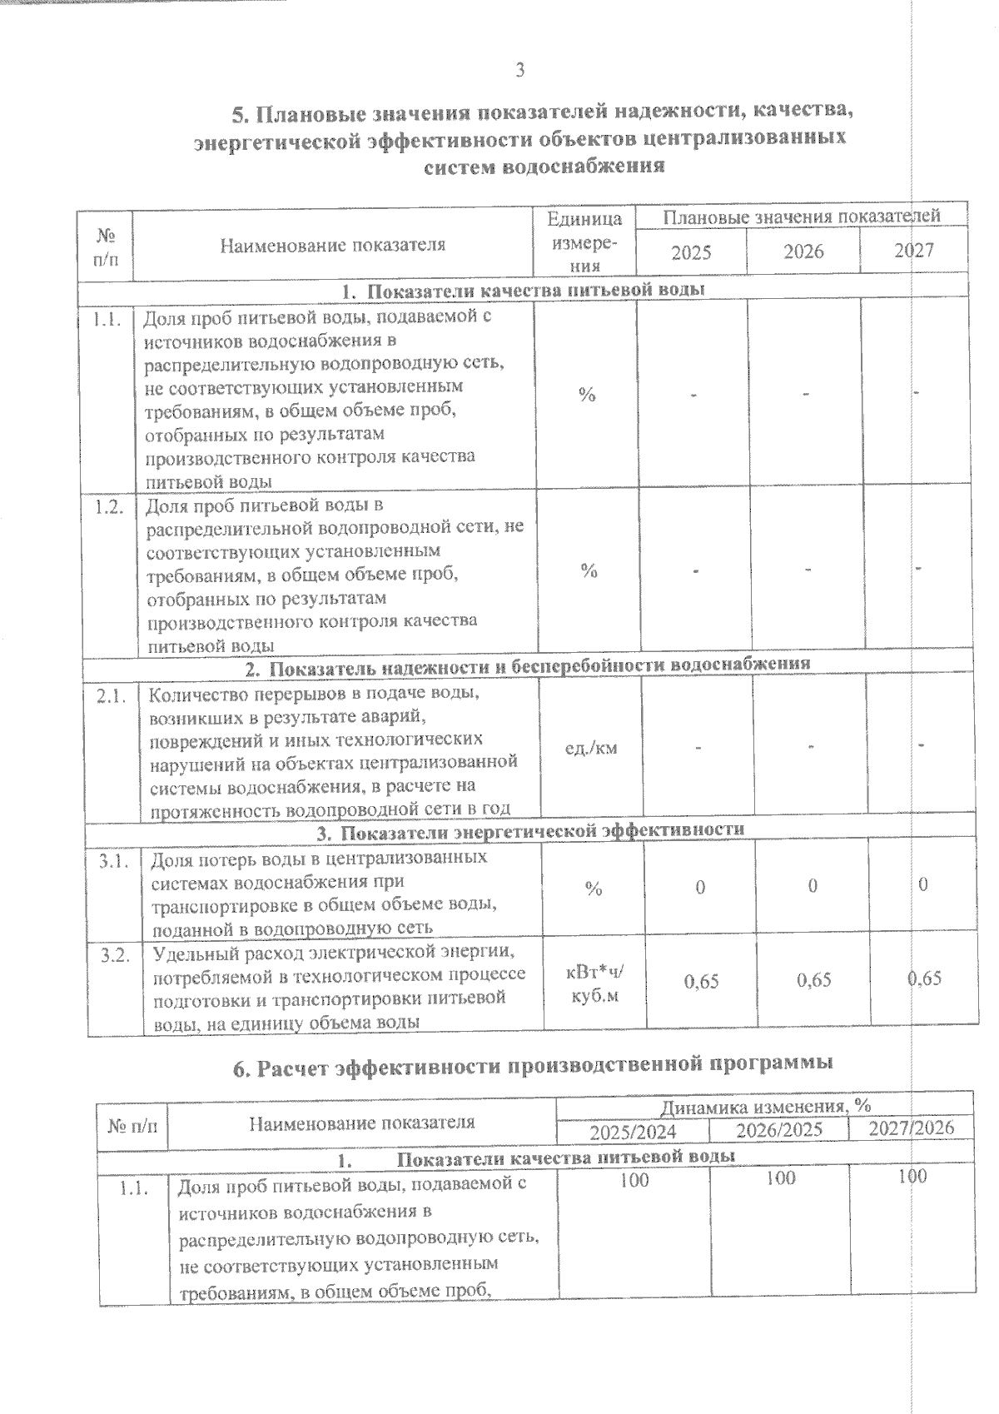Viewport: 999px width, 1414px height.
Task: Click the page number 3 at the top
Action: (519, 72)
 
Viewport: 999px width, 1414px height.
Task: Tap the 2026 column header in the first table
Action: (803, 251)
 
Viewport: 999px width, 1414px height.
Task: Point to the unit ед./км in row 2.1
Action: (591, 747)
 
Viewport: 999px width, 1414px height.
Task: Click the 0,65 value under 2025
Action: (701, 981)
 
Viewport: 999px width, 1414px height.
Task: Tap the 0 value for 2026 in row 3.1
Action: (812, 886)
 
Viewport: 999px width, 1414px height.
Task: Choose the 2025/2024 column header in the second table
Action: (633, 1132)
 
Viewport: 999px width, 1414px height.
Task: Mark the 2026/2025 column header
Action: (780, 1130)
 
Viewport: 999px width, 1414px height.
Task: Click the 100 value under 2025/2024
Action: (634, 1178)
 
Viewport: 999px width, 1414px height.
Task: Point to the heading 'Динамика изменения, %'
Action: (765, 1107)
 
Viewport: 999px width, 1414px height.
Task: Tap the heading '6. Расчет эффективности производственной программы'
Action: (532, 1064)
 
